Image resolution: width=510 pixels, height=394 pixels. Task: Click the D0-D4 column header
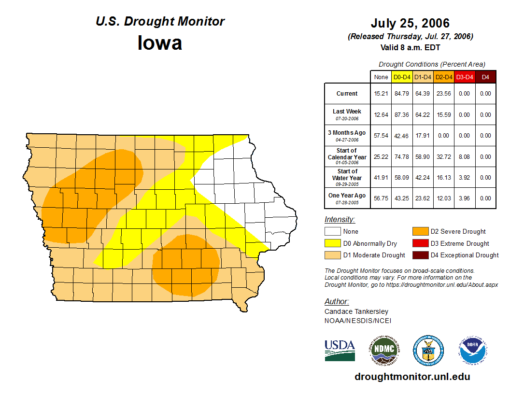[402, 77]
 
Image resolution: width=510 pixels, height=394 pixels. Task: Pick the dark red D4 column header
[485, 77]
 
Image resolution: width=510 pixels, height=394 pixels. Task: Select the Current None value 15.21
[381, 94]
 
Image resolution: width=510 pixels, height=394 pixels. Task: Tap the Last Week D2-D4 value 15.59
[443, 115]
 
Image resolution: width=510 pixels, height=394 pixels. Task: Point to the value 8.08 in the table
[464, 157]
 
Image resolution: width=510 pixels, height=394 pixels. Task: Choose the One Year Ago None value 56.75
[381, 198]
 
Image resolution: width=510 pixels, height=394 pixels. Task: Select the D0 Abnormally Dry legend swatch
[332, 243]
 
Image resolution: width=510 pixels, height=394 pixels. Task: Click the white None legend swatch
[332, 232]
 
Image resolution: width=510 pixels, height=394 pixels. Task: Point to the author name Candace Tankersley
[356, 311]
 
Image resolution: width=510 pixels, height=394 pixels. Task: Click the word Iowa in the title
[160, 43]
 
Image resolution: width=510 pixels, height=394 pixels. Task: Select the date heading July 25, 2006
[410, 23]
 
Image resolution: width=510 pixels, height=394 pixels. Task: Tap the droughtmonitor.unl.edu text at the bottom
[412, 377]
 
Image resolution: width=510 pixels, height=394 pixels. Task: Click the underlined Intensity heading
[340, 220]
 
